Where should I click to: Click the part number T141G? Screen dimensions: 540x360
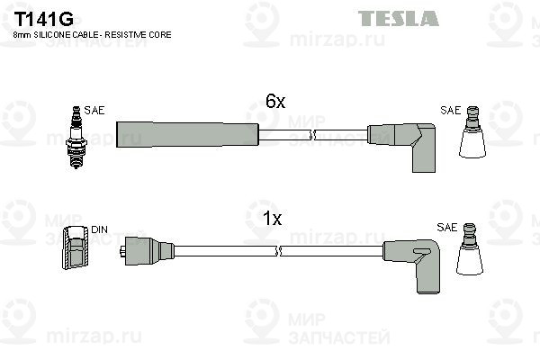pos(43,19)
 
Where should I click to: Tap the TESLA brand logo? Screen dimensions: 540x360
pos(399,18)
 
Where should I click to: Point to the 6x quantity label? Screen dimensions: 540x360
pos(275,102)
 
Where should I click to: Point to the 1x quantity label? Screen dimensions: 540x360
pos(272,219)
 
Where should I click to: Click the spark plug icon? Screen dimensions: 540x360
pos(76,137)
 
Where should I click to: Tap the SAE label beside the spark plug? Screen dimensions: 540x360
pos(94,110)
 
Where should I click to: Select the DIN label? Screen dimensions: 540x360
pos(99,229)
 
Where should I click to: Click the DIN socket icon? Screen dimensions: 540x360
pos(76,247)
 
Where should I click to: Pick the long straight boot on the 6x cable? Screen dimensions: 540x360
pos(187,135)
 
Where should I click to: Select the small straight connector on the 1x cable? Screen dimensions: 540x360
pos(147,251)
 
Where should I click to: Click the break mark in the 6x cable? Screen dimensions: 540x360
pos(312,135)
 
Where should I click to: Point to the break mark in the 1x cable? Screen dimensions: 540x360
pos(279,251)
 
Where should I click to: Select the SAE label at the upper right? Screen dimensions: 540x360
pos(450,110)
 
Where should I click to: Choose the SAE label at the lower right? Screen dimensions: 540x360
pos(446,228)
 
